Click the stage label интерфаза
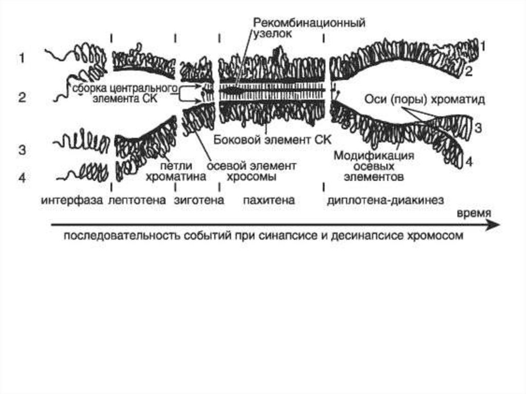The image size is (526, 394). [x=71, y=200]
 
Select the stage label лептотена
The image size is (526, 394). [x=137, y=200]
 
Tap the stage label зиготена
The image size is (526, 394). [x=199, y=200]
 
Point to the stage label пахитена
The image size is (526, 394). [x=269, y=200]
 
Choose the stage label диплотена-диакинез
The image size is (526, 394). [x=385, y=200]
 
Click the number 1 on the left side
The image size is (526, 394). [x=22, y=59]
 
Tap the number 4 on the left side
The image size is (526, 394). [x=22, y=178]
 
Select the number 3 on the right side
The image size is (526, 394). [x=478, y=128]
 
